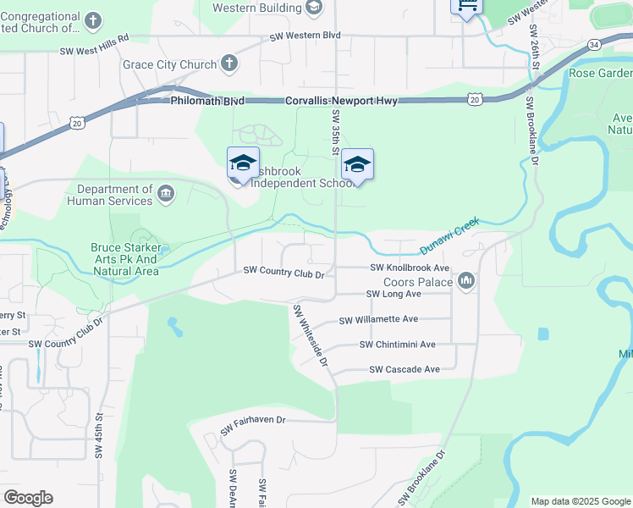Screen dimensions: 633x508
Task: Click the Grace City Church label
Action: [169, 64]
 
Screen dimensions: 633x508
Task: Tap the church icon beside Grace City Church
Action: [228, 63]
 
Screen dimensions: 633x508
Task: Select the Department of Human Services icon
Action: [166, 195]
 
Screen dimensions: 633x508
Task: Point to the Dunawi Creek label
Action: [449, 237]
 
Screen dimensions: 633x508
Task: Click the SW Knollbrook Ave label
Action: [409, 268]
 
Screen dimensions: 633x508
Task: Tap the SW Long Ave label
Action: [394, 294]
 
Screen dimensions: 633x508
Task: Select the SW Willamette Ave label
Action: [378, 320]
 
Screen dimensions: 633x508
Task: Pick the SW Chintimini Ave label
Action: [397, 345]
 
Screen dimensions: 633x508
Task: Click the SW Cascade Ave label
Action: [405, 369]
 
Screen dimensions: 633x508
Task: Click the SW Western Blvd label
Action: [305, 36]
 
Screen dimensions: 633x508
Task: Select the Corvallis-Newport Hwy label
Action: [341, 100]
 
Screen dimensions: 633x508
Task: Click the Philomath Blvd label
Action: [206, 100]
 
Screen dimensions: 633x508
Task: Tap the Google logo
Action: [28, 498]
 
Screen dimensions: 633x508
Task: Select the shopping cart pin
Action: [465, 6]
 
